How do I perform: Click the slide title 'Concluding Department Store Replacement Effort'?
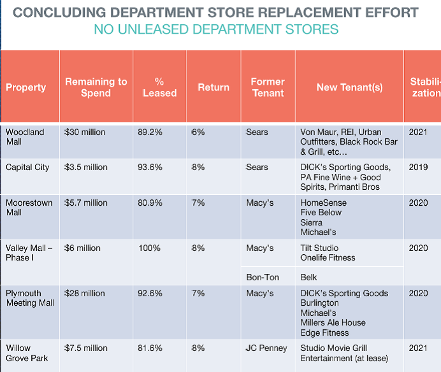click(x=216, y=13)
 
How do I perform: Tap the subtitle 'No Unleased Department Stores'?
click(x=216, y=29)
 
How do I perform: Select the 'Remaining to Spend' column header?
click(x=96, y=87)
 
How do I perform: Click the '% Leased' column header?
click(x=159, y=87)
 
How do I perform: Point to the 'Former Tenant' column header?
click(x=268, y=87)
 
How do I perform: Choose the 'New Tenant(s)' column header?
click(x=349, y=87)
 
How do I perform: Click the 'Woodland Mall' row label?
click(x=25, y=137)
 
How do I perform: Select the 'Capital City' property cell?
click(x=27, y=168)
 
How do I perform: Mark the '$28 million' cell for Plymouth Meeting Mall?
click(x=85, y=294)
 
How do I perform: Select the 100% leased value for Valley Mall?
click(x=149, y=248)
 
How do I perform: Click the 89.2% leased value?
click(x=150, y=132)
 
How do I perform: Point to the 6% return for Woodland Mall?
click(x=198, y=132)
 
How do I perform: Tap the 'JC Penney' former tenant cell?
click(x=266, y=348)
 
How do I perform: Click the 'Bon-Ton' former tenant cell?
click(x=261, y=278)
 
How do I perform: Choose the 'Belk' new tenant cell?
click(x=310, y=278)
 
